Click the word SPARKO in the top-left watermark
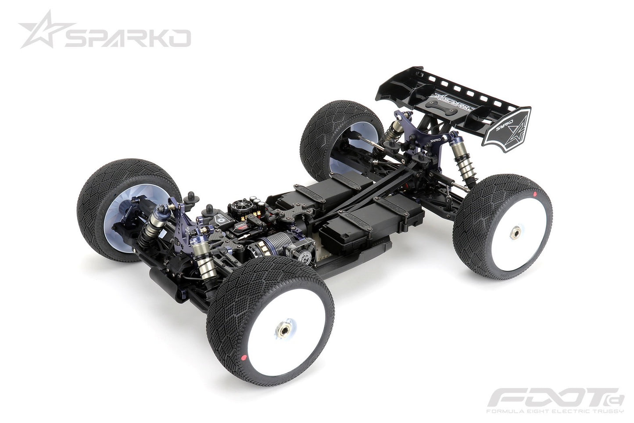[x=127, y=38]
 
